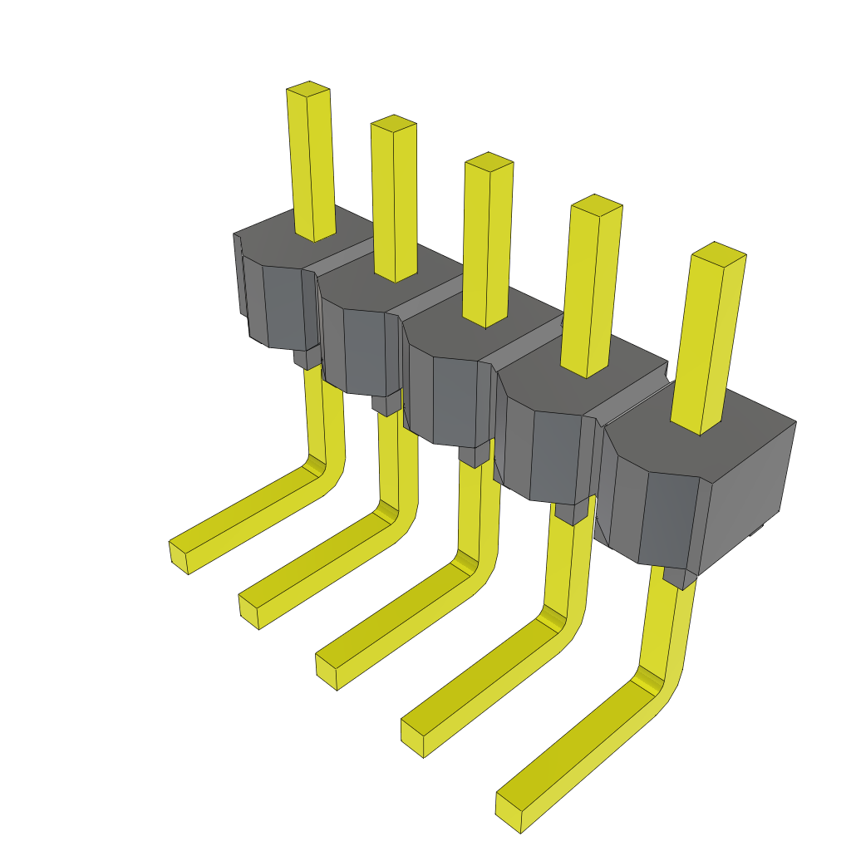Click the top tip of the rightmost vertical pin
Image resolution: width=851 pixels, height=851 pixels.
tap(718, 252)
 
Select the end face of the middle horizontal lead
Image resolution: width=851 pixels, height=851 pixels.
tap(326, 672)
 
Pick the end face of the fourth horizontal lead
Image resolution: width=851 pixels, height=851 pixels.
tap(412, 738)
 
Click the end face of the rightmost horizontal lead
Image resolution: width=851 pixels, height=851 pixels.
tap(508, 812)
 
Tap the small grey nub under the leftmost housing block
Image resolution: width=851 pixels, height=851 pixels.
tap(307, 358)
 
